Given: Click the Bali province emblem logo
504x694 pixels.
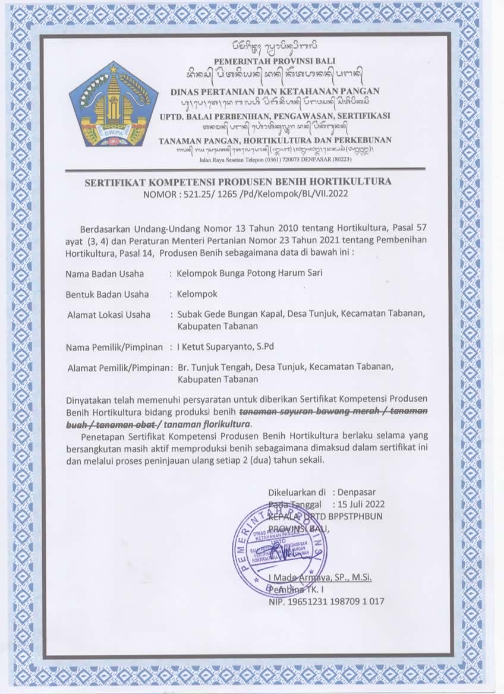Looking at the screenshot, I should point(114,105).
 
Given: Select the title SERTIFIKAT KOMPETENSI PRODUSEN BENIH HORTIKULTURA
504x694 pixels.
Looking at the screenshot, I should point(238,181).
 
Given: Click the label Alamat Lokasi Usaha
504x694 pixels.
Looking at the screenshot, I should point(109,314).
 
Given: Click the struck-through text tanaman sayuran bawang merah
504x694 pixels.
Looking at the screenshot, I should point(303,412).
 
